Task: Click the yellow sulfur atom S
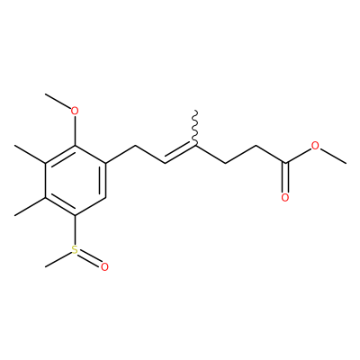75,250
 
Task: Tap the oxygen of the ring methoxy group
75,111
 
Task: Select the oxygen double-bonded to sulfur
104,267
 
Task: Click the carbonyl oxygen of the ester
285,198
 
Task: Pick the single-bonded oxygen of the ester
315,146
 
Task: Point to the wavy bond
195,128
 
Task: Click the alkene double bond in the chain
180,154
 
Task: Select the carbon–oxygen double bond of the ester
285,178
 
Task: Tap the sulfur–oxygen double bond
89,259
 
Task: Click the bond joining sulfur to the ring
75,230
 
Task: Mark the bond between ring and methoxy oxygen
75,130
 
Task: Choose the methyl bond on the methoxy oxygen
58,101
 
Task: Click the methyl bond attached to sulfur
58,259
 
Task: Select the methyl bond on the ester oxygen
332,156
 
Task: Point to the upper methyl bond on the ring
30,155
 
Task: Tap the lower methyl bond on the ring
30,206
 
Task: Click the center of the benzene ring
76,180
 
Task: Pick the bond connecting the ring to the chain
121,155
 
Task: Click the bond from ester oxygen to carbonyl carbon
298,156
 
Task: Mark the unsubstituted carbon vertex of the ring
105,198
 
